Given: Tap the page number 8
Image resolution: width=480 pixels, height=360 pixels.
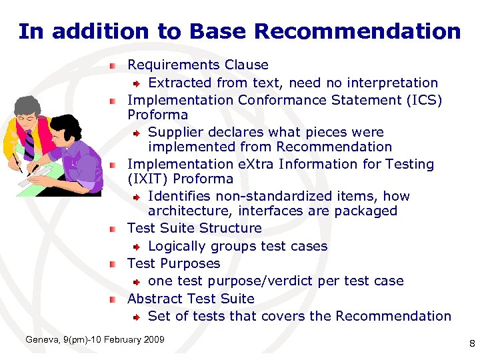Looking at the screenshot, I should click(471, 344).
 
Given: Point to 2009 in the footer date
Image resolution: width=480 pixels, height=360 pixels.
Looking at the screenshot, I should click(153, 340).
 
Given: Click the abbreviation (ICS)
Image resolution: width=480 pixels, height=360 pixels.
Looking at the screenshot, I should click(421, 100).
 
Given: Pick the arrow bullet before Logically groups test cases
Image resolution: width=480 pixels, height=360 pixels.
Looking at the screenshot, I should click(136, 247).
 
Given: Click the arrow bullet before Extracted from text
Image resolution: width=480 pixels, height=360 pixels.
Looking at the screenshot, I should click(136, 83).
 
